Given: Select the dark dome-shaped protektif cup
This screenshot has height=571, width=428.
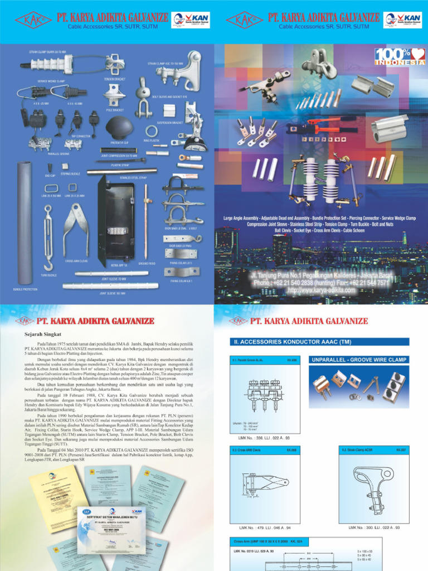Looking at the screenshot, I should click(119, 124).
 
